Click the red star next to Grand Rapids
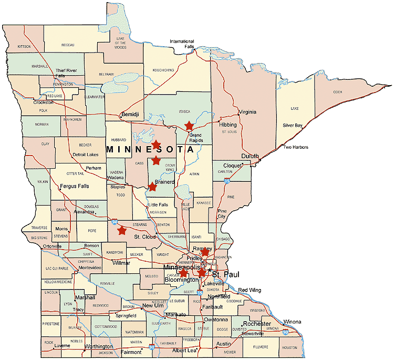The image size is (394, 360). pos(189,126)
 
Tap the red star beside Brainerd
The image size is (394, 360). pos(152,187)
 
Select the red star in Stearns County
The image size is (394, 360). pos(122,230)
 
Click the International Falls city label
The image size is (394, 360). pos(182,44)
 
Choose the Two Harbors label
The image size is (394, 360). pos(295,147)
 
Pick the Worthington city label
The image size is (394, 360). pos(99,347)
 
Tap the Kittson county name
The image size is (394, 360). pos(25,47)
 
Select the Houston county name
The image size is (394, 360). pos(289,348)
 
